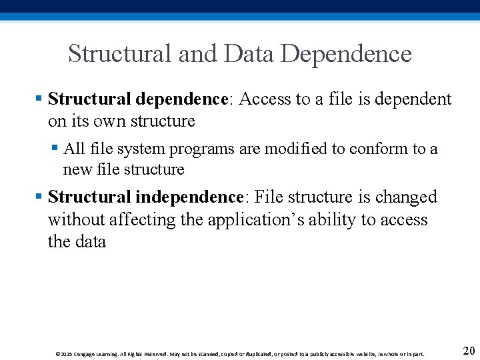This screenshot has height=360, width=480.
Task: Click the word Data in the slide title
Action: point(249,53)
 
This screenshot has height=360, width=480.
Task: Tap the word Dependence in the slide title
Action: point(346,53)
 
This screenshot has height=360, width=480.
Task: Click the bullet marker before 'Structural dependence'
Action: point(39,99)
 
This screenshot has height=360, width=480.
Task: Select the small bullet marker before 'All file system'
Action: point(55,149)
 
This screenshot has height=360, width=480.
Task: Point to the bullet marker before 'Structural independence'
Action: point(39,197)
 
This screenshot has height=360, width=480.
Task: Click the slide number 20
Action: point(468,351)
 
